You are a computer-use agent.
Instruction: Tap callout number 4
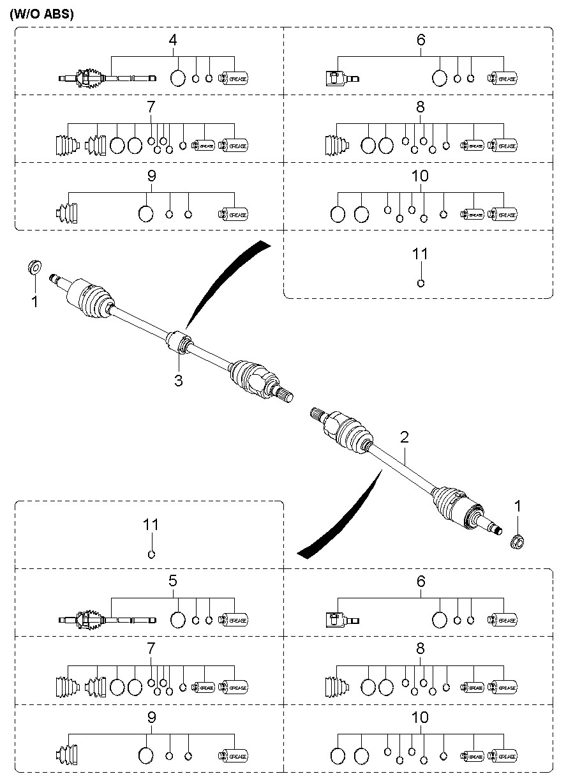pos(172,40)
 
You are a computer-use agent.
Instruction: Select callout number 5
pos(172,581)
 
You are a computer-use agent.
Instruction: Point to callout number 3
pos(179,381)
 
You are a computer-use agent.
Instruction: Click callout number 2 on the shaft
pos(404,437)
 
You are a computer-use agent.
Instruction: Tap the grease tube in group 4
pos(234,79)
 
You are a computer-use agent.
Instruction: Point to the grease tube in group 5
pos(234,619)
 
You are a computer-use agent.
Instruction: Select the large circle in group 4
pos(178,79)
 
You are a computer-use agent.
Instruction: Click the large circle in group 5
pos(178,619)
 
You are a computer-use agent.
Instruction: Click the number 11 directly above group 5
pos(151,525)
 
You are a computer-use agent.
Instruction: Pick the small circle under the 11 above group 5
pos(152,554)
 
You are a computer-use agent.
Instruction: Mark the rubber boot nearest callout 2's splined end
pos(348,432)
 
